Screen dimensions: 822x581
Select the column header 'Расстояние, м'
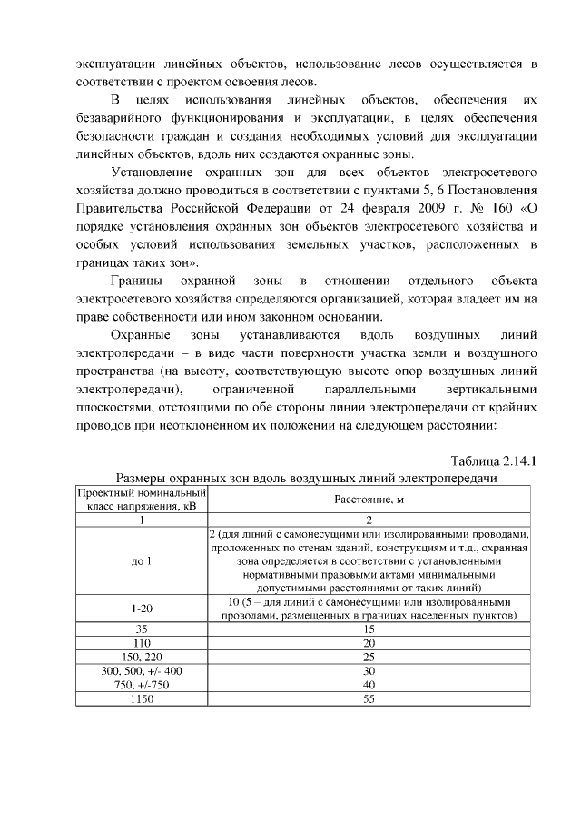tap(369, 500)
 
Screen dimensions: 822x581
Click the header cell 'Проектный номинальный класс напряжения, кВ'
tap(141, 499)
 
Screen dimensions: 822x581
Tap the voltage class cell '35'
tap(141, 628)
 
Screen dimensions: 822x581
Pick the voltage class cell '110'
tap(141, 641)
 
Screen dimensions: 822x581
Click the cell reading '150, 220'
tap(141, 656)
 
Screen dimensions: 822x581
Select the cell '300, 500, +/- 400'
tap(141, 670)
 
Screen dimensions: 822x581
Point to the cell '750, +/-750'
tap(141, 685)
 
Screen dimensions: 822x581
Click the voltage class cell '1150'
tap(141, 699)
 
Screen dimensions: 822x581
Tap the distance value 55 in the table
tap(369, 699)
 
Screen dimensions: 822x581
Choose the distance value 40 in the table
tap(369, 685)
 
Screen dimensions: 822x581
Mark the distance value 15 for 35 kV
tap(369, 628)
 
